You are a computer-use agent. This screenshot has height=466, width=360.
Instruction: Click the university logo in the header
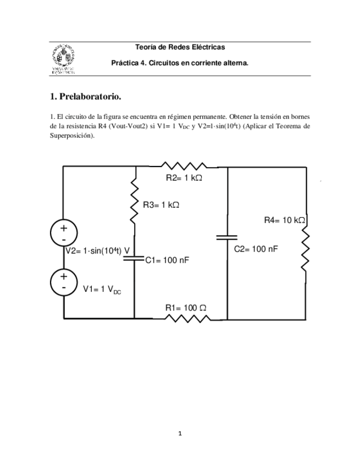coord(62,58)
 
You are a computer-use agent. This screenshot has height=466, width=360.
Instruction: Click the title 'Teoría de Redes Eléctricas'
coord(180,48)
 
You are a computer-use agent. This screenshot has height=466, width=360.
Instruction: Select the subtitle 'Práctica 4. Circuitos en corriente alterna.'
coord(180,63)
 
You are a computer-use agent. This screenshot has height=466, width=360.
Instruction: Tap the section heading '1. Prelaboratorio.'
coord(85,97)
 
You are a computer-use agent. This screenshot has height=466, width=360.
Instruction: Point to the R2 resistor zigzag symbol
coord(183,165)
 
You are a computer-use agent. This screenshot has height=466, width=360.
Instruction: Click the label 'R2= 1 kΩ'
coord(184,178)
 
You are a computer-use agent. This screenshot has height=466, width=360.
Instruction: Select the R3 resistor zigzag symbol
coord(134,204)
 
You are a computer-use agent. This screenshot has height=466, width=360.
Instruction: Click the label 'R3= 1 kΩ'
coord(161,204)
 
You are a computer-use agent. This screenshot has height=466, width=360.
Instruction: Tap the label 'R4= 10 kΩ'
coord(284,220)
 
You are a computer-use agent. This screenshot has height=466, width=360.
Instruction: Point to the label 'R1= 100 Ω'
coord(185,307)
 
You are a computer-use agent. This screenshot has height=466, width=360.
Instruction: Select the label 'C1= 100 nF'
coord(167,260)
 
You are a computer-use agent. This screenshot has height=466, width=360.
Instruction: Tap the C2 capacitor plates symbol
coord(227,237)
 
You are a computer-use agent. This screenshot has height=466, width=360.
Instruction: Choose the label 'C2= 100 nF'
coord(256,249)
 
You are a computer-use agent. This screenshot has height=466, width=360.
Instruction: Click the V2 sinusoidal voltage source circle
coord(64,233)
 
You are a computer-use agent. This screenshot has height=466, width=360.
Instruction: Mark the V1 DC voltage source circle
coord(64,282)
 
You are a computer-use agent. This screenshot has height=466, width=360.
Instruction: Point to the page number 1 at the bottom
coord(180,434)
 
